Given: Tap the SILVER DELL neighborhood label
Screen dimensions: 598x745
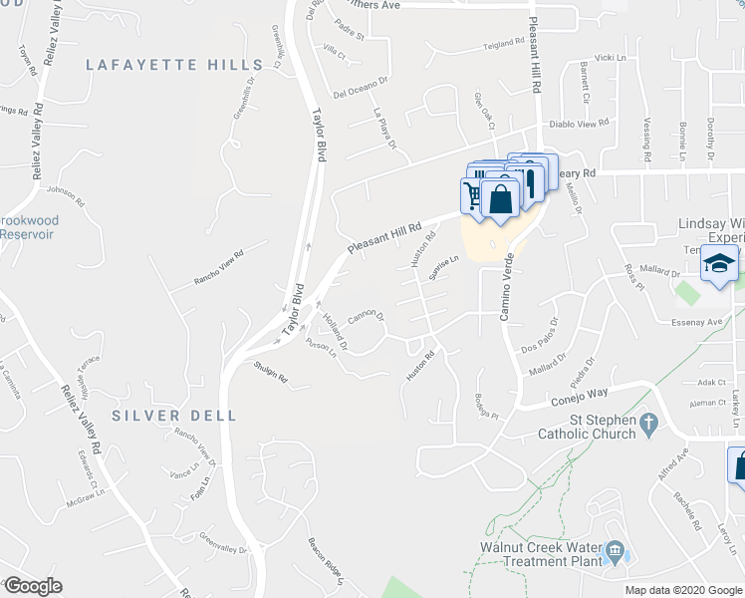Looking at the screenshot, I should coord(174,415).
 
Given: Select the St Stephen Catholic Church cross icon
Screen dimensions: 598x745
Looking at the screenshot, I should coord(647,425).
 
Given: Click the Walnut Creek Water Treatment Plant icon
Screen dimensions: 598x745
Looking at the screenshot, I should coord(615,550).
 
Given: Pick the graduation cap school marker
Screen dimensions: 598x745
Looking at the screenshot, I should coord(718,265).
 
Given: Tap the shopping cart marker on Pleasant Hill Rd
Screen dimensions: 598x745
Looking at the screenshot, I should coord(473,193).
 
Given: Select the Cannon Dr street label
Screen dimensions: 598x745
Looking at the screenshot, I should coord(366,321).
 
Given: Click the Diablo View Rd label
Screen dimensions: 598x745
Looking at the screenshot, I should coord(579,125).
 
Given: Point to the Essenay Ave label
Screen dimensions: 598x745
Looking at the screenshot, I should coord(698,322).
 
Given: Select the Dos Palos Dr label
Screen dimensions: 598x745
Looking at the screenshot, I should coord(543,336).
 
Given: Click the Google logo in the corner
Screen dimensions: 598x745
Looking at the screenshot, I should coord(33,586).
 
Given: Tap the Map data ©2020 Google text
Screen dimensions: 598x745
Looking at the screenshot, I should coord(683,590).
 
